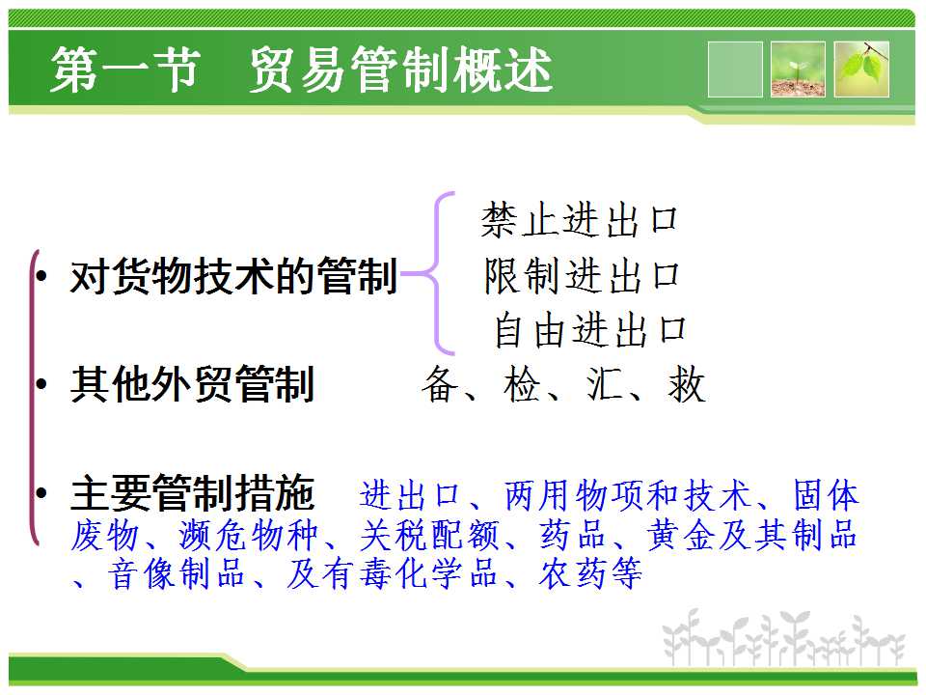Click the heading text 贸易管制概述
[x=401, y=69]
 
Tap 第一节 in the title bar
[x=125, y=69]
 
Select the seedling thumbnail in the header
[x=798, y=69]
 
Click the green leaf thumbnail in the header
[x=861, y=69]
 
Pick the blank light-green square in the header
[x=735, y=69]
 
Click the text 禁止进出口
[x=579, y=220]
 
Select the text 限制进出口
[x=582, y=275]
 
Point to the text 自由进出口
[x=590, y=330]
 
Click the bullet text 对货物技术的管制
[x=233, y=276]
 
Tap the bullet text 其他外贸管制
[x=193, y=384]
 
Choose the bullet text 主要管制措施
[x=193, y=493]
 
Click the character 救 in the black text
[x=687, y=384]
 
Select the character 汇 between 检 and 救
[x=605, y=384]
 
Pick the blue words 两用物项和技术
[x=627, y=495]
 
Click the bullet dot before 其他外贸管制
[x=41, y=384]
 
